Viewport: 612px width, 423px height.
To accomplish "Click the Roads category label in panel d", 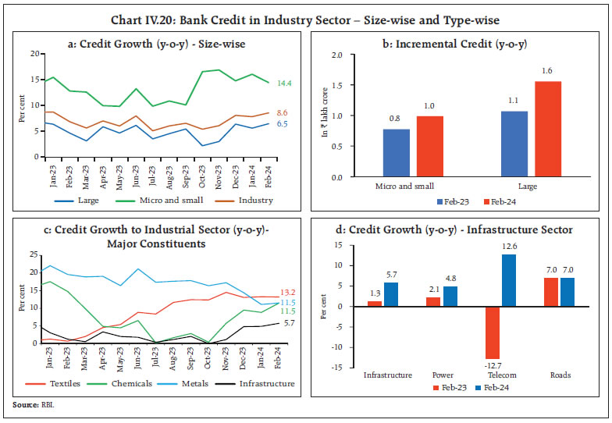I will pos(560,375).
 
